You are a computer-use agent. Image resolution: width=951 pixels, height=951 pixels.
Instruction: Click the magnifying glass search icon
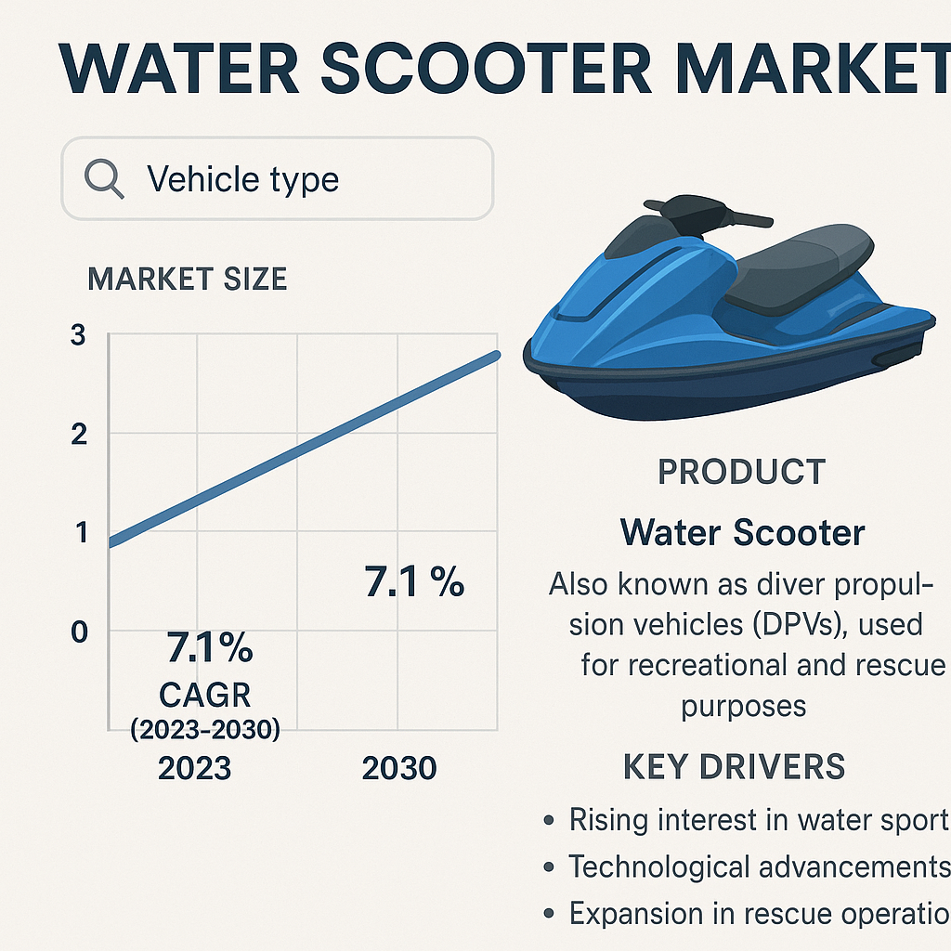click(104, 178)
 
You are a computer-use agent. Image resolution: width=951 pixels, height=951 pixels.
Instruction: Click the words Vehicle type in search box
click(242, 180)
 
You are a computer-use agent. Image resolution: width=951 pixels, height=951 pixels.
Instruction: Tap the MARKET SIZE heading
click(187, 279)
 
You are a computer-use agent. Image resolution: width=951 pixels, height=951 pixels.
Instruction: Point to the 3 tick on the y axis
click(78, 334)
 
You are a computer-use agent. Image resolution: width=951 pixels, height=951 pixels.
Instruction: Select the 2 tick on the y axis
click(79, 435)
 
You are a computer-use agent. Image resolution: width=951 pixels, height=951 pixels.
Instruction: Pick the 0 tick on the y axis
click(80, 632)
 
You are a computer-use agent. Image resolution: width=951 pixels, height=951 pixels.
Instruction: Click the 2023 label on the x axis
click(195, 768)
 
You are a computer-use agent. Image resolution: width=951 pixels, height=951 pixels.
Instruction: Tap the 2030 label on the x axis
click(399, 768)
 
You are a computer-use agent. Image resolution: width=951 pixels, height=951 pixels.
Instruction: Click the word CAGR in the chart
click(205, 695)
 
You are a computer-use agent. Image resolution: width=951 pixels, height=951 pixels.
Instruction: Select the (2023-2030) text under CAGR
click(205, 729)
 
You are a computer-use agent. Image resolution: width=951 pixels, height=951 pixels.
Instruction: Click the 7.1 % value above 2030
click(414, 581)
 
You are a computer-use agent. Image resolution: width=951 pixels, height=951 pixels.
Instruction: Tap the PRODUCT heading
click(742, 472)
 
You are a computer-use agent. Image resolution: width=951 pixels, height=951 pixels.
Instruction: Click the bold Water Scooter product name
click(742, 532)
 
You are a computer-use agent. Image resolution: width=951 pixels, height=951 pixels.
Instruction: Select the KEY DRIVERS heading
click(734, 766)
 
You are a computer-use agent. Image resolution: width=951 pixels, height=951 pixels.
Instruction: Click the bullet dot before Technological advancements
click(549, 867)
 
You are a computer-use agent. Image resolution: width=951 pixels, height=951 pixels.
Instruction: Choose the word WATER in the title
click(179, 68)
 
